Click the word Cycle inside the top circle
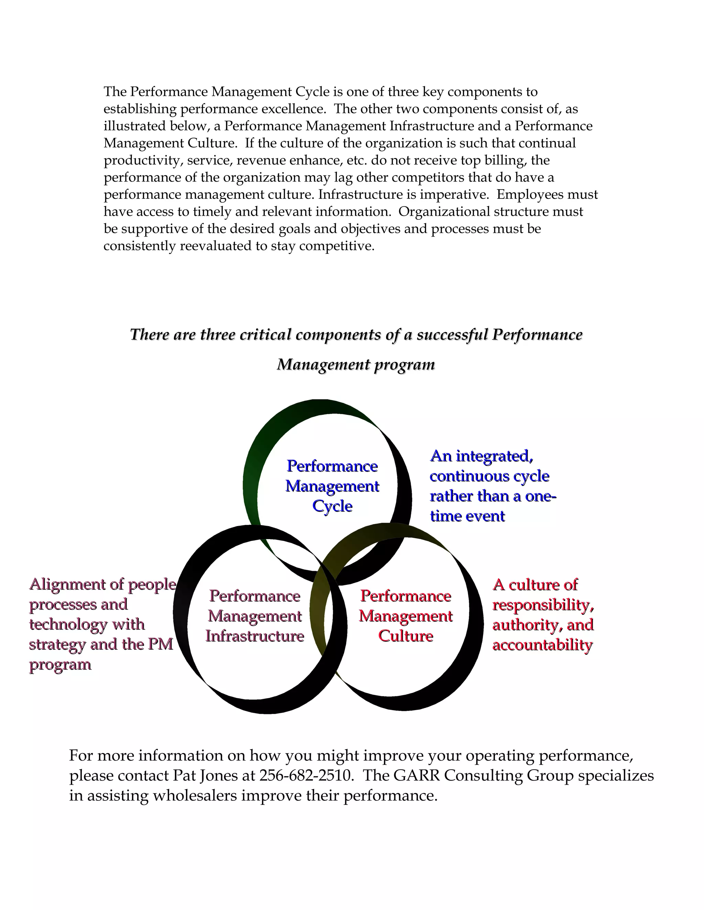point(332,506)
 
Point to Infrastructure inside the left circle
point(255,636)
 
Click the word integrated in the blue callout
point(495,456)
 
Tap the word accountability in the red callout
point(542,645)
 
